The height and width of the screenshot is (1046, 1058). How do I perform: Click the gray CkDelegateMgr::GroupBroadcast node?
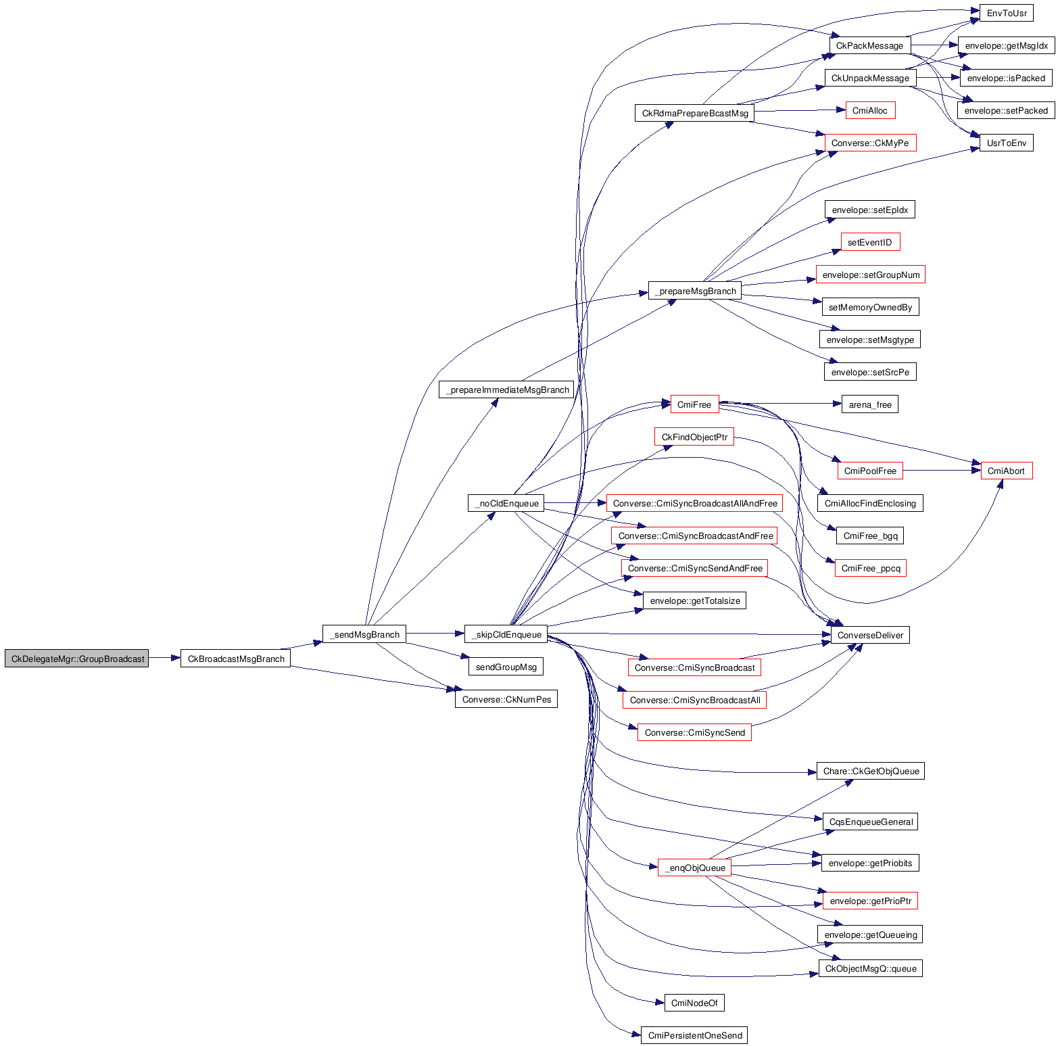click(76, 659)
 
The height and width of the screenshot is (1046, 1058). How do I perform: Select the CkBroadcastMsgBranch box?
click(235, 659)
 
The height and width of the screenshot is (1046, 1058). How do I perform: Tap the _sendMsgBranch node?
click(364, 634)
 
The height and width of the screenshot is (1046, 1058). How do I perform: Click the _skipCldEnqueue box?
click(506, 634)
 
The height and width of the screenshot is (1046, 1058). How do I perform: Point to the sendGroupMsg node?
click(506, 667)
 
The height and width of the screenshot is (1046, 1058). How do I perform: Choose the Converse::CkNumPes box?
click(506, 699)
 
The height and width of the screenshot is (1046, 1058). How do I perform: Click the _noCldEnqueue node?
click(506, 503)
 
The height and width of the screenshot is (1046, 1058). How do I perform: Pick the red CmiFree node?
click(694, 404)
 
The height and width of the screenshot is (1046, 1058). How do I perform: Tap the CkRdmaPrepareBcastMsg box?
click(694, 113)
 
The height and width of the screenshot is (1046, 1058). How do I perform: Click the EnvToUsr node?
click(1007, 13)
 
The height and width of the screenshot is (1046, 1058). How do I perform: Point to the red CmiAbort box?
click(1006, 471)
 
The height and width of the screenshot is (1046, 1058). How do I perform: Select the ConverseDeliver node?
click(870, 635)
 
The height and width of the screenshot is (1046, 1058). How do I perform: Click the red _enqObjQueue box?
click(694, 867)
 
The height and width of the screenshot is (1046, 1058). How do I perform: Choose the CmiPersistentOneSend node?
click(694, 1035)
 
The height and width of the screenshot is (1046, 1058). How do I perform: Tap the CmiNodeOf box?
click(694, 1003)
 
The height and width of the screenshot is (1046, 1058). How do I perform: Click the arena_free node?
click(870, 404)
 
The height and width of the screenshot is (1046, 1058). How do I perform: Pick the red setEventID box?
click(869, 242)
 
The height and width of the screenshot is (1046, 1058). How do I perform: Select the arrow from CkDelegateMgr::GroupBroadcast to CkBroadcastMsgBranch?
click(164, 658)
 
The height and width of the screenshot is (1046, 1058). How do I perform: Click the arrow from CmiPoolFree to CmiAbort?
click(942, 471)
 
